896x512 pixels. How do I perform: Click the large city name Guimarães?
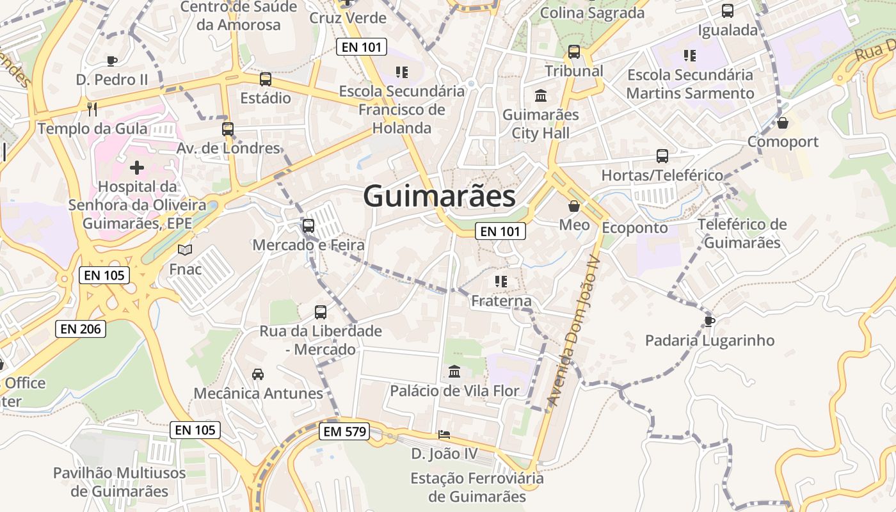point(439,196)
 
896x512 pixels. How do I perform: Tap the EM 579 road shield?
point(345,432)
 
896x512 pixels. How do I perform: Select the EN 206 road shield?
point(81,329)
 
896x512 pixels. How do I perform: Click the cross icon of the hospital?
point(137,168)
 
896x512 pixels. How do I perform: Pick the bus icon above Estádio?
point(265,79)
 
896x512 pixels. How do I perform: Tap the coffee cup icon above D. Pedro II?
point(112,61)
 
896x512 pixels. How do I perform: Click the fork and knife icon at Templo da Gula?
point(92,109)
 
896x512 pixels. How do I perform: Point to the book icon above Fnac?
point(185,250)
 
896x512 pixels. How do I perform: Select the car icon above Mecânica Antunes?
point(258,374)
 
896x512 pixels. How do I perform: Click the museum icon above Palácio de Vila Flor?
point(454,371)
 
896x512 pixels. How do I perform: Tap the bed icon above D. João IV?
point(444,435)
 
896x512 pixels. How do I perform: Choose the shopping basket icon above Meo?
point(574,206)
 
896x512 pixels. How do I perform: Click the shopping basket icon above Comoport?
point(782,122)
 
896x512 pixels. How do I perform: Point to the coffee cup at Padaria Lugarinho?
point(709,321)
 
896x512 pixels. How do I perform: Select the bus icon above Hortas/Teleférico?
point(662,156)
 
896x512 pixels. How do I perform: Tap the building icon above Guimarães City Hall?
point(541,96)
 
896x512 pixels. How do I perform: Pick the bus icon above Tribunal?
point(574,52)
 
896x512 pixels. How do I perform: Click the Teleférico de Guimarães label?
point(742,234)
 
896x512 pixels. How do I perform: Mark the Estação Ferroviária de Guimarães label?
point(477,487)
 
